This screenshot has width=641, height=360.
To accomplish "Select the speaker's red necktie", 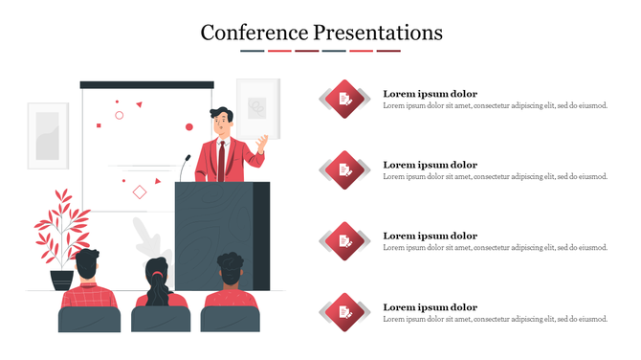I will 221,158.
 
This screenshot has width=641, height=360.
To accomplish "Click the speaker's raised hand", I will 260,145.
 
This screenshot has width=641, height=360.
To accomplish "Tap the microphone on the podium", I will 185,166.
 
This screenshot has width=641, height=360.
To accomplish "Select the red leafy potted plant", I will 61,226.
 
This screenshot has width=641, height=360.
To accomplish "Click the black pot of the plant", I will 62,281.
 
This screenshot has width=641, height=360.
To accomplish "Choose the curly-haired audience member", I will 230,282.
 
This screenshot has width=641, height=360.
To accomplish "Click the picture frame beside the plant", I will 48,135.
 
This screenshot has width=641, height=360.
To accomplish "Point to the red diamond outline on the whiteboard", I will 140,192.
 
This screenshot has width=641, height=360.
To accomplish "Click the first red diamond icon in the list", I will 345,98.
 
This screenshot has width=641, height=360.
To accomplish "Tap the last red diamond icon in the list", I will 345,311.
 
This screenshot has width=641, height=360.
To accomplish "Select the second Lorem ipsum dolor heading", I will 430,165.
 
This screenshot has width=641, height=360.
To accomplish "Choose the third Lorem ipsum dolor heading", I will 430,236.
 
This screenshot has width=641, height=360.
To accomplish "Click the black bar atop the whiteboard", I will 146,85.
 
